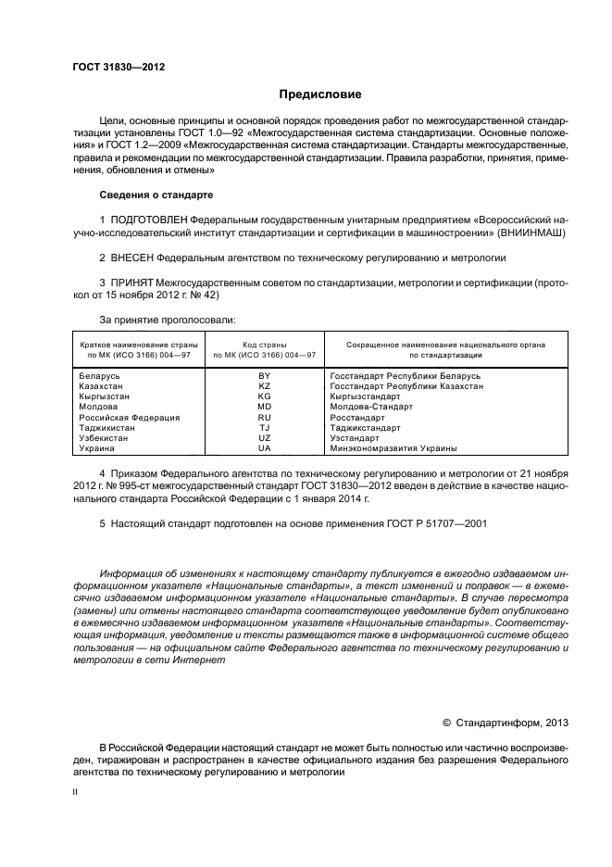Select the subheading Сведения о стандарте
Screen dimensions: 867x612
pos(156,195)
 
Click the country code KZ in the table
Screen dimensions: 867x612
pos(264,386)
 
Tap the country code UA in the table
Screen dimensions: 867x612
pos(264,448)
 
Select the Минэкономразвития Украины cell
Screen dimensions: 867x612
pos(393,448)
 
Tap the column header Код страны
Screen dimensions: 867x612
pos(264,344)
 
